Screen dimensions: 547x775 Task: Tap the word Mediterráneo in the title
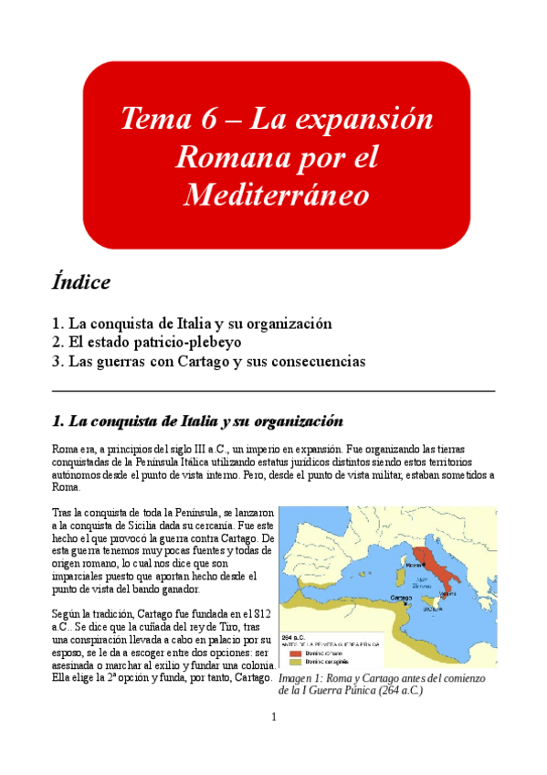(276, 195)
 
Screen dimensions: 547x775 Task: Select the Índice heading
(82, 281)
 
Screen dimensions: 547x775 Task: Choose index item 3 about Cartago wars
(209, 361)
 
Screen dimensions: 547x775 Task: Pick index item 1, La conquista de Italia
(192, 323)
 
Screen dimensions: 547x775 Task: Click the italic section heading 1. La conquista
(197, 422)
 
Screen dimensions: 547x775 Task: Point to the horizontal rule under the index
(273, 391)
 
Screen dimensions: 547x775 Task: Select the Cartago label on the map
(400, 596)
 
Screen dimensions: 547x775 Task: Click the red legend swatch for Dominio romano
(295, 653)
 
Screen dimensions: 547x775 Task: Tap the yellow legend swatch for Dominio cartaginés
(295, 662)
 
